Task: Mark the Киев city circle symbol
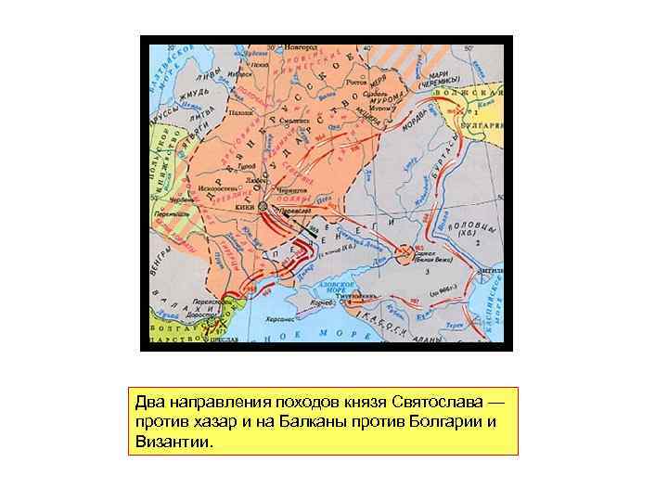[x=263, y=205]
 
